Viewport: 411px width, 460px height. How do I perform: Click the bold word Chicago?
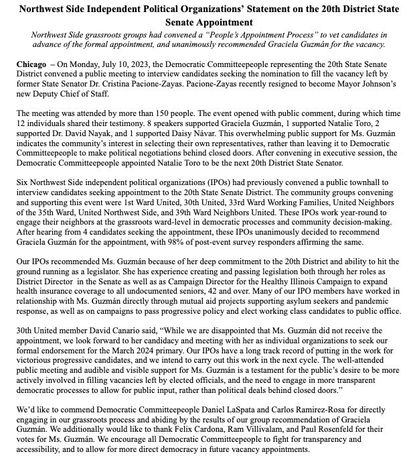31,61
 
